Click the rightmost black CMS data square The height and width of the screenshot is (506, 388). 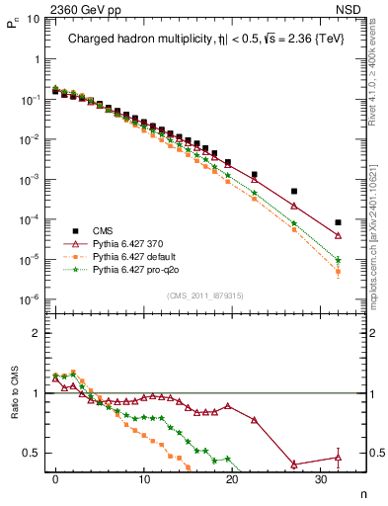pyautogui.click(x=338, y=222)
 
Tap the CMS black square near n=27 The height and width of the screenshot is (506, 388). pyautogui.click(x=294, y=192)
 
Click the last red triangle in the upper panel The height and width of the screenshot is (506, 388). pyautogui.click(x=338, y=236)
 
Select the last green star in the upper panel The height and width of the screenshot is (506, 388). pyautogui.click(x=338, y=260)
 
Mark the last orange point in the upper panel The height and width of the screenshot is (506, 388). pyautogui.click(x=338, y=272)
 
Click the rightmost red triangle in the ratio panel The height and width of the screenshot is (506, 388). pyautogui.click(x=338, y=457)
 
